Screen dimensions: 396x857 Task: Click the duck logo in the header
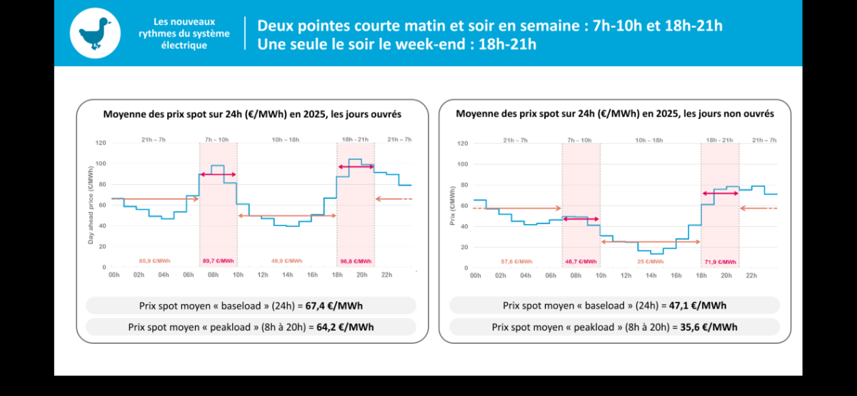(95, 34)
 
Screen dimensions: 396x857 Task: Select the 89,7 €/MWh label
(218, 261)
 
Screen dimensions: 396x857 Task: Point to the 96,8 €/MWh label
(355, 261)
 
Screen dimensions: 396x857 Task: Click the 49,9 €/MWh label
(286, 261)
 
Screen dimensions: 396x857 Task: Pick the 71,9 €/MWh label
(719, 261)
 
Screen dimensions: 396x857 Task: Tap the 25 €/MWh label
(650, 261)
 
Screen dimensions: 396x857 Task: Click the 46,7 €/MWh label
(581, 261)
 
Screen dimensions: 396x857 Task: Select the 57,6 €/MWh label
(516, 261)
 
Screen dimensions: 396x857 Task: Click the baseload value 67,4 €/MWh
(334, 306)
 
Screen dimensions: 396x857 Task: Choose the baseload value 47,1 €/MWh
(698, 306)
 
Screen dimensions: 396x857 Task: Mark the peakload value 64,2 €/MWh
(345, 327)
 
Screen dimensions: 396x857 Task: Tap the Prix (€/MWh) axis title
(453, 206)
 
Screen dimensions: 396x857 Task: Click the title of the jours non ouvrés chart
(614, 113)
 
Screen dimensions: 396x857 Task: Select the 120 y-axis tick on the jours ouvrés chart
(101, 143)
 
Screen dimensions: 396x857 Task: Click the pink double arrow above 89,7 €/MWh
(218, 174)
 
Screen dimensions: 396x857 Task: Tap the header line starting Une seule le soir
(396, 44)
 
